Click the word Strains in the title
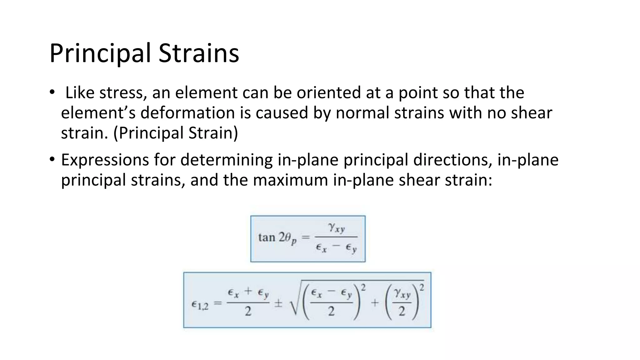click(x=199, y=53)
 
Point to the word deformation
click(x=187, y=113)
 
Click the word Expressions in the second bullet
click(x=105, y=160)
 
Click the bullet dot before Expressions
click(x=52, y=160)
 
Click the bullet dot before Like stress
click(x=52, y=92)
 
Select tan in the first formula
click(x=266, y=237)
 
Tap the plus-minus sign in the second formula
click(x=278, y=304)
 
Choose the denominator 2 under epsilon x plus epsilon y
click(x=248, y=311)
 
